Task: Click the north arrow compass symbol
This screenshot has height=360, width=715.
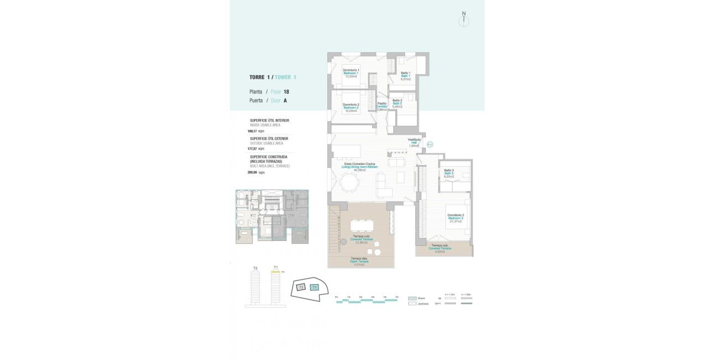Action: [x=464, y=20]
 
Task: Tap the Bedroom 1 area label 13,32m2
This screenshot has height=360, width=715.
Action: [x=351, y=76]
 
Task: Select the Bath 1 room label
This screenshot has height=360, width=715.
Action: [x=405, y=76]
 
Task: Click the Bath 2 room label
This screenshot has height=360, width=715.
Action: [x=397, y=103]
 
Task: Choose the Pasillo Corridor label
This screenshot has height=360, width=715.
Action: [x=382, y=106]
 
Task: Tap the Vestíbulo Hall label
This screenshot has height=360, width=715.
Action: [x=414, y=142]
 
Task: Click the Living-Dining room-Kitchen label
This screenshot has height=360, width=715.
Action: [x=359, y=167]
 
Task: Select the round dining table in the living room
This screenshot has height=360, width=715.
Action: [x=350, y=182]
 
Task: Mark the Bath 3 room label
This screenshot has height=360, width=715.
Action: [x=449, y=173]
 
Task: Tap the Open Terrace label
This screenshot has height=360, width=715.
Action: [x=359, y=261]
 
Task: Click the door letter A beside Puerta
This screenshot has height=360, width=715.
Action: [x=285, y=101]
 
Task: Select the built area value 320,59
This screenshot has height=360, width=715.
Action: [x=252, y=172]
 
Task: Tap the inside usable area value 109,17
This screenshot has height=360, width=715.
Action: [x=252, y=131]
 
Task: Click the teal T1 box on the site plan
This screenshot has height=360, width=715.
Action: [x=315, y=287]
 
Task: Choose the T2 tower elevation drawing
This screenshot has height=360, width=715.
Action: [x=255, y=287]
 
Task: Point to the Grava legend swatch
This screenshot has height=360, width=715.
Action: [x=411, y=298]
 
